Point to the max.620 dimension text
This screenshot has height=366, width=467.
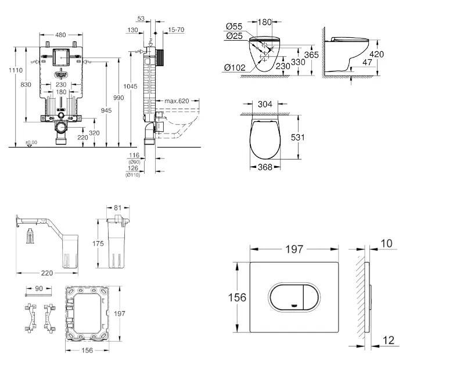coord(176,101)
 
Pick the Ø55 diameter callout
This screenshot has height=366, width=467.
coord(233,26)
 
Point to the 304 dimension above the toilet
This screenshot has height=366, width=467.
coord(264,105)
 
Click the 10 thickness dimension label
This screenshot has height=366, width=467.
coord(387,243)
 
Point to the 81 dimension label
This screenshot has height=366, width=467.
coord(118,207)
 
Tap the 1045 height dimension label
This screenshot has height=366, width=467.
coord(131,86)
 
